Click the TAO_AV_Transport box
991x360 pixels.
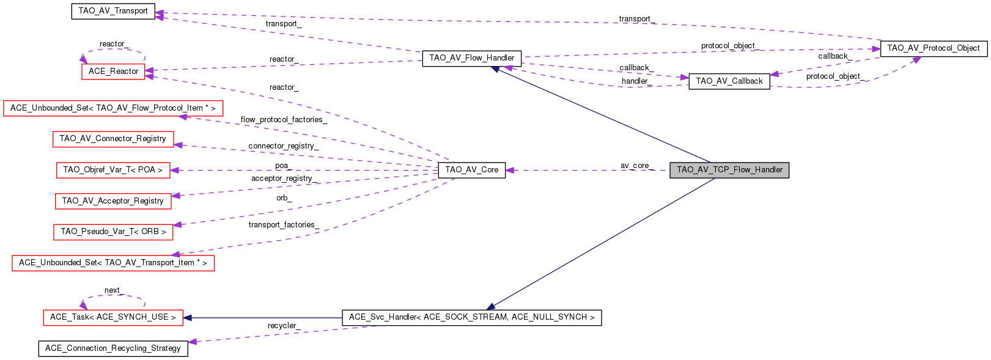coord(113,11)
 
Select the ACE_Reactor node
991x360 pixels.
coord(113,72)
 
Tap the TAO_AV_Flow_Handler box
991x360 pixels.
coord(471,58)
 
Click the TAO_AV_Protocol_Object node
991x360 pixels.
coord(933,48)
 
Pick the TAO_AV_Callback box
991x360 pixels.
coord(729,81)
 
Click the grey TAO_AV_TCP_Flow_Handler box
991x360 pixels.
coord(729,170)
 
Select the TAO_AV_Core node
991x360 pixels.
coord(471,170)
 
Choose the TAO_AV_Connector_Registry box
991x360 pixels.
coord(112,139)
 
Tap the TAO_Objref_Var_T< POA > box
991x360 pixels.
coord(112,170)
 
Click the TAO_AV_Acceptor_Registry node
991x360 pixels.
coord(112,201)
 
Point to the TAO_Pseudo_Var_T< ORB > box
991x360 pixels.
coord(112,232)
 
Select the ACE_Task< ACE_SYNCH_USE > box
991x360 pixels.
coord(112,317)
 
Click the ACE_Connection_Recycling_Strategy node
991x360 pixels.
coord(112,348)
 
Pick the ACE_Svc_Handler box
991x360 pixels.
coord(471,317)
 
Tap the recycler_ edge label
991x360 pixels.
coord(283,326)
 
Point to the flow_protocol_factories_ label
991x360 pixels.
coord(284,120)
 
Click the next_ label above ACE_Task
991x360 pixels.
coord(113,290)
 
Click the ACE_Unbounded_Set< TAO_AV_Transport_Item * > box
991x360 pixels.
coord(112,263)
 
